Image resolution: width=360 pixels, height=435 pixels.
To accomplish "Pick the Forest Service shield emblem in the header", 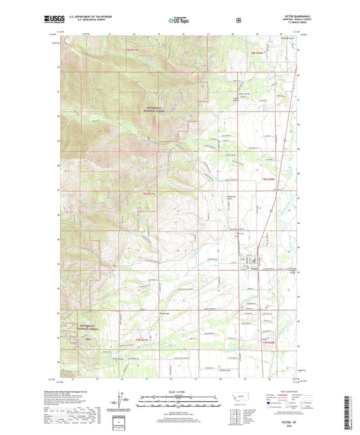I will tap(238, 20).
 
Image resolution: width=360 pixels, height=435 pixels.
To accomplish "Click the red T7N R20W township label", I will tap(269, 179).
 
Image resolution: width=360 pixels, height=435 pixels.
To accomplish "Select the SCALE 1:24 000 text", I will tap(179, 392).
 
